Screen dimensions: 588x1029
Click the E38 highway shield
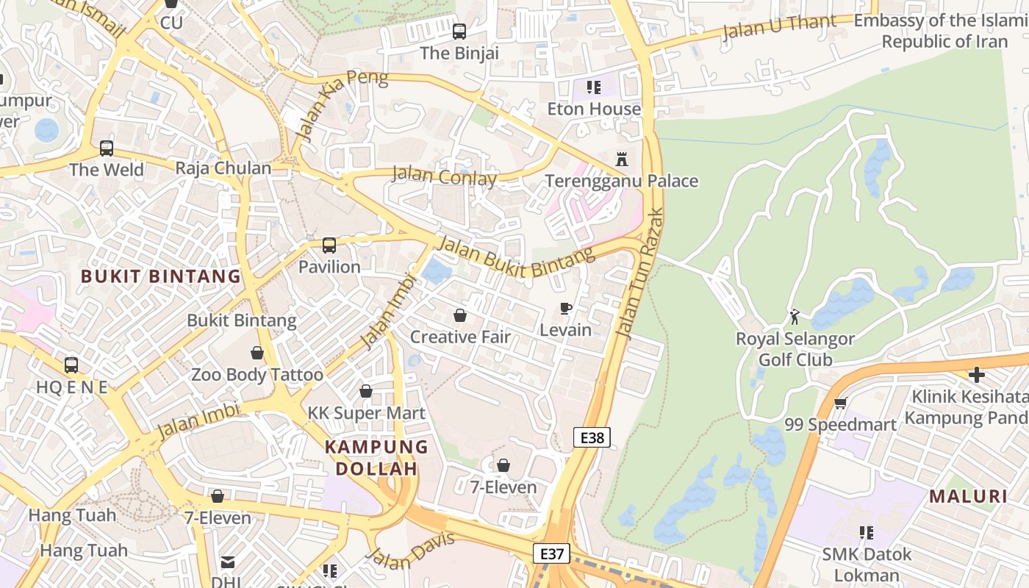click(592, 438)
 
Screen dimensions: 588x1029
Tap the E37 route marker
click(551, 553)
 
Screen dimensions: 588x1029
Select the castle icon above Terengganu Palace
click(622, 159)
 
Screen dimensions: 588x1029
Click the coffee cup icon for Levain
click(565, 308)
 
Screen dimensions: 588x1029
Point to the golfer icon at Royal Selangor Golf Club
click(795, 317)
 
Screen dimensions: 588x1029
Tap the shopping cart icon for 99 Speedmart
click(840, 403)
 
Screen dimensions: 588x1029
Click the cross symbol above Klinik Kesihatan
click(976, 375)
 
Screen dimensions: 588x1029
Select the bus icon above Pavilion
click(329, 245)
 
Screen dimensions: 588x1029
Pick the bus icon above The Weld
click(107, 148)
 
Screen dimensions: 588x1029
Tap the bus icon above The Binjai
click(459, 31)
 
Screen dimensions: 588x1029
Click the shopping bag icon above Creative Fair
click(460, 315)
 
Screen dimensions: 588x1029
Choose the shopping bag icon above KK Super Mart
click(365, 391)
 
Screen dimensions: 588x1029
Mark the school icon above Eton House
click(594, 87)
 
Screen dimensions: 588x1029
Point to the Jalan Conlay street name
click(444, 176)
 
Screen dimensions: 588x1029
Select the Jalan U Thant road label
click(779, 27)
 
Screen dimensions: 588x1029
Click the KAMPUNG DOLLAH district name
click(376, 457)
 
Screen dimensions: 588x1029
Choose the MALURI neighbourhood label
click(968, 496)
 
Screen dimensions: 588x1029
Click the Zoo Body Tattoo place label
click(257, 375)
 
